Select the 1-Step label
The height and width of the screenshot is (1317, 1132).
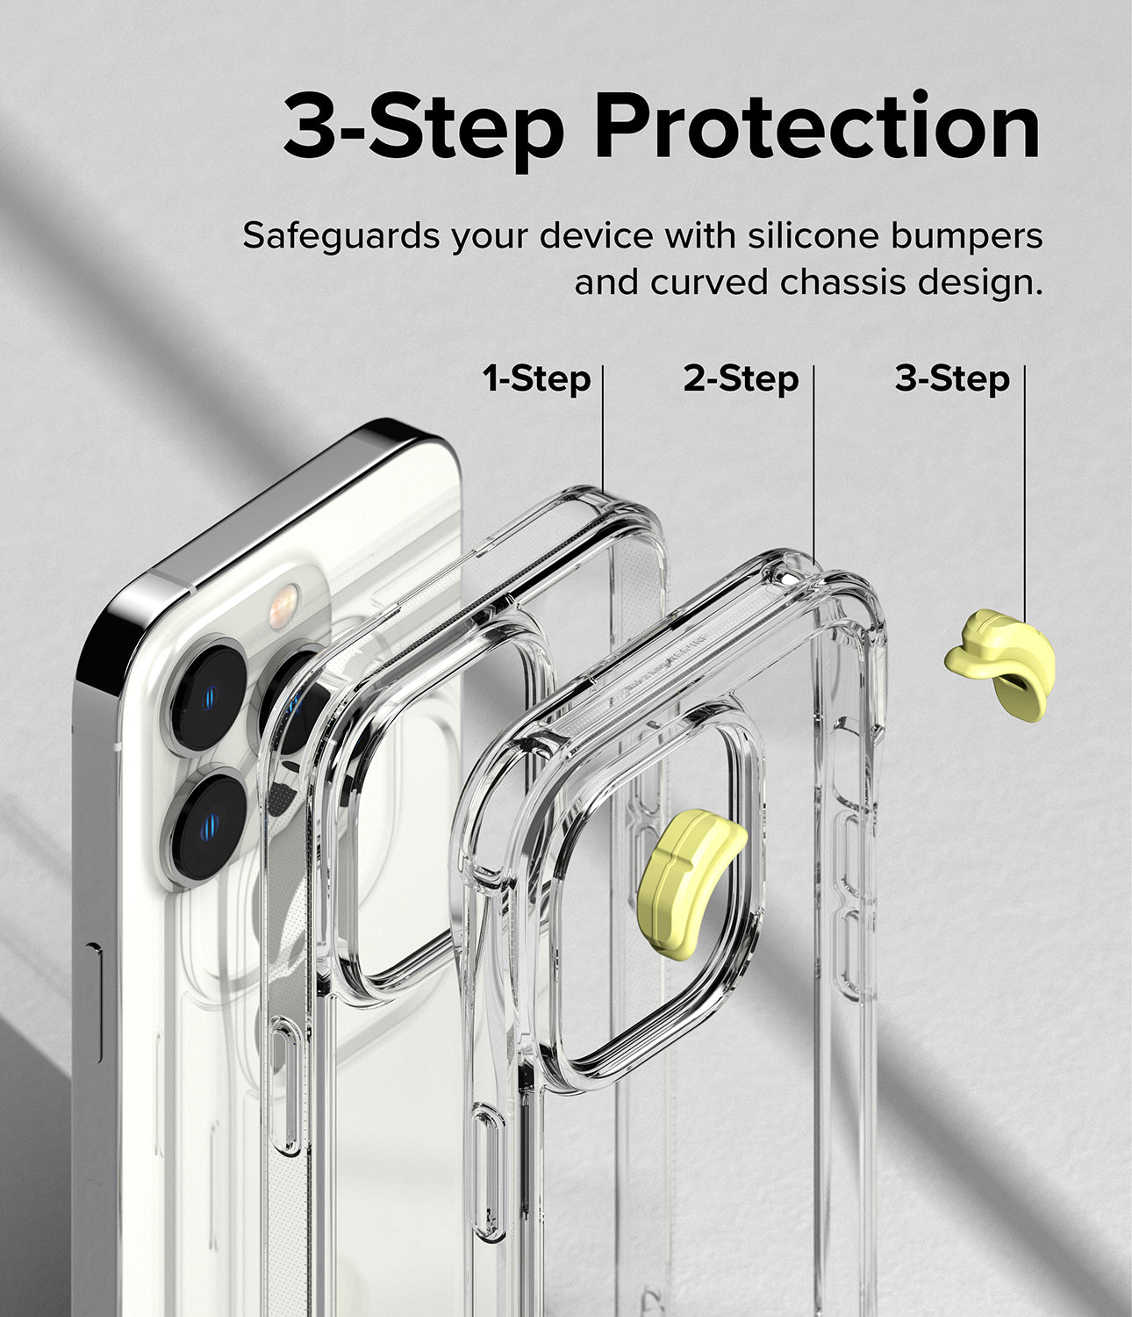coord(536,378)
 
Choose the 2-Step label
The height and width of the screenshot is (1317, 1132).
coord(741,378)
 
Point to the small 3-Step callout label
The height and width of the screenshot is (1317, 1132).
coord(952,378)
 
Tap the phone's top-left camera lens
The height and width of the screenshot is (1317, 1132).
coord(207,694)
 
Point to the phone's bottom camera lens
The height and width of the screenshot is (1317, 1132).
coord(207,826)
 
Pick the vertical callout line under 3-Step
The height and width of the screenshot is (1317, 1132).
coord(1024,492)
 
